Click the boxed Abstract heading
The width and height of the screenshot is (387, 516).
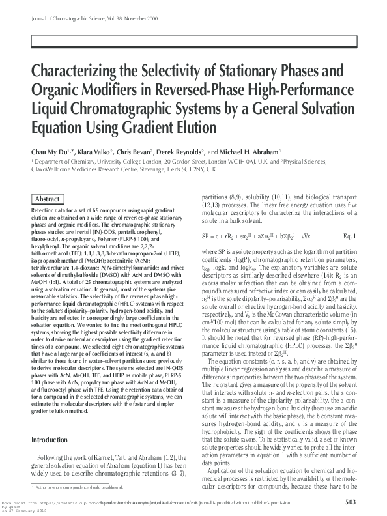[48, 199]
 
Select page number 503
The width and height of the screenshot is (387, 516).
[350, 502]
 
